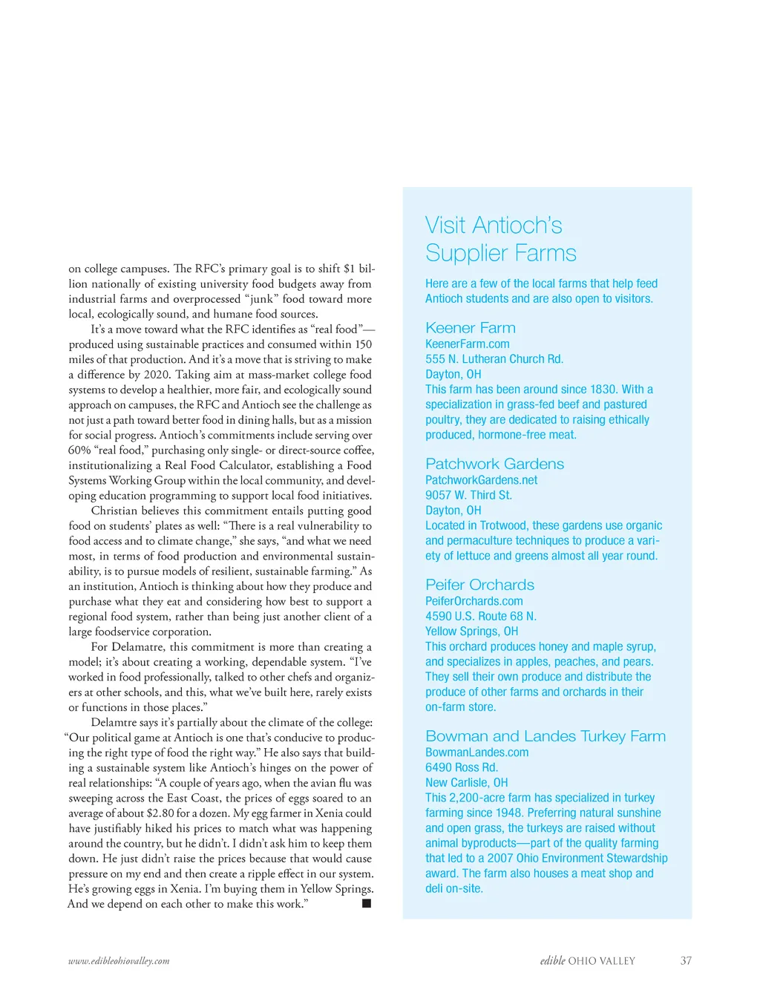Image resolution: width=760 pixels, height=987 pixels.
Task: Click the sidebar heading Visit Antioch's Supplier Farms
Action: tap(500, 239)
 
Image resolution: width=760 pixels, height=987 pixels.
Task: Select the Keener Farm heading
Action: tap(470, 328)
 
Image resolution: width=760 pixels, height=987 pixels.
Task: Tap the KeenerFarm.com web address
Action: tap(467, 344)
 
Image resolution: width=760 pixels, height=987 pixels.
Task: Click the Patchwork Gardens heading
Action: tap(494, 464)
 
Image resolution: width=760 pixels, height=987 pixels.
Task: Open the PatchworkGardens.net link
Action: tap(481, 480)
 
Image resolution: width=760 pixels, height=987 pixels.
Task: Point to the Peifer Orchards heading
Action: tap(479, 585)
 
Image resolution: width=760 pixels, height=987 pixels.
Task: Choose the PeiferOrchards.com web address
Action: tap(474, 601)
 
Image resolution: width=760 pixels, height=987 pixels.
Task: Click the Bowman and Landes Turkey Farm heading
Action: tap(545, 736)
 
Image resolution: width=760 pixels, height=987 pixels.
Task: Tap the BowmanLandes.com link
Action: tap(476, 752)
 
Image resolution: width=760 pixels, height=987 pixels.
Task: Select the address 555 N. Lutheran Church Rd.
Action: tap(494, 359)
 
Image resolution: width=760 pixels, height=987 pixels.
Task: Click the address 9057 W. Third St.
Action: tap(468, 495)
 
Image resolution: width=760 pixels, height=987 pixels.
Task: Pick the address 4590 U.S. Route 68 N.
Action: tap(480, 616)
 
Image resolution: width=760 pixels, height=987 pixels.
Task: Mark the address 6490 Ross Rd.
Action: tap(461, 767)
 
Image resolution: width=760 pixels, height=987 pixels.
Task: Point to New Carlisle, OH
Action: tap(466, 782)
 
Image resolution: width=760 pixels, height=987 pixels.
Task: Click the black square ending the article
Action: tap(366, 903)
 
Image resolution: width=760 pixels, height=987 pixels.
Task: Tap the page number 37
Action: tap(686, 961)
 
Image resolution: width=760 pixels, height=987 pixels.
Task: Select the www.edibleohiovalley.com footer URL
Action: tap(119, 961)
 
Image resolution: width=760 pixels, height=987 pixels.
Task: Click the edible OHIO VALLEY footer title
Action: tap(587, 961)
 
